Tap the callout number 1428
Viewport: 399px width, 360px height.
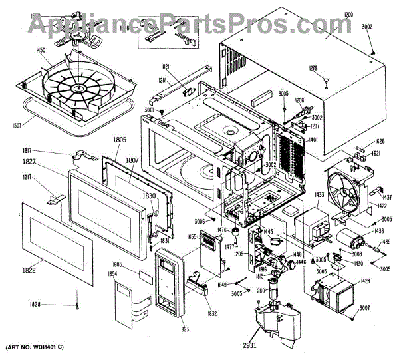click(366, 281)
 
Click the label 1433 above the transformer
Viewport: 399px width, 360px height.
click(301, 195)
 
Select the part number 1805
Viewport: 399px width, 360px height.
click(119, 140)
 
